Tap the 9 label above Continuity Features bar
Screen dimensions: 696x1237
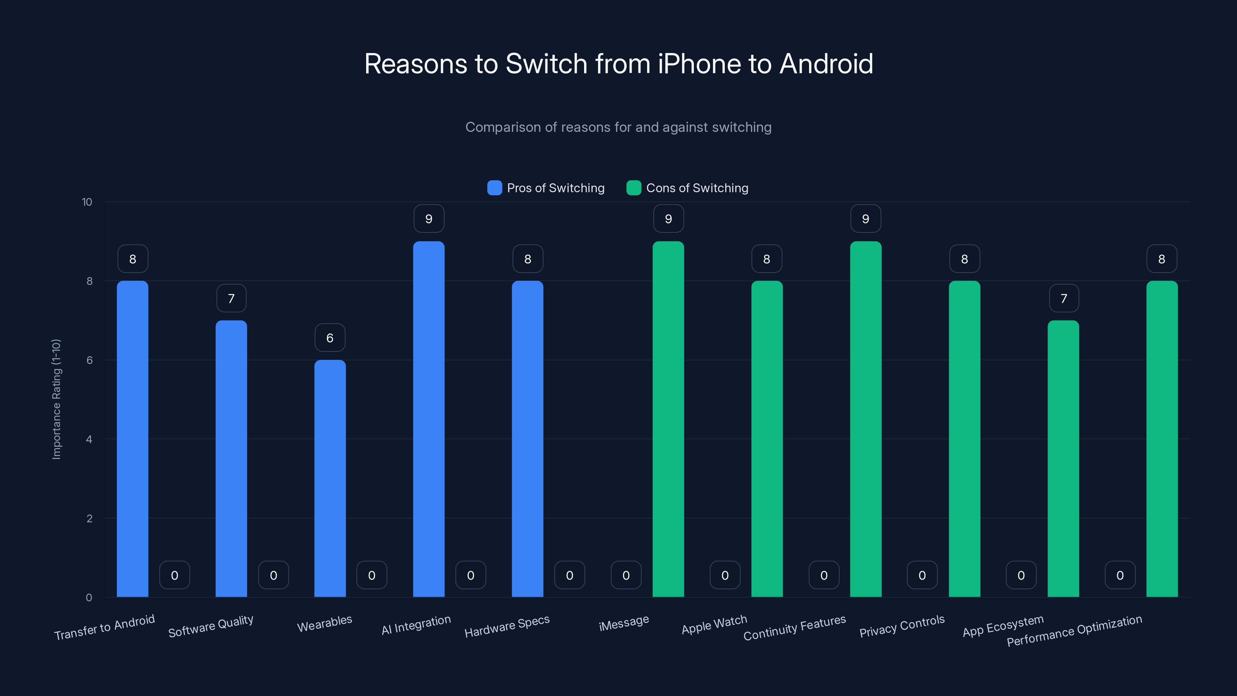(866, 218)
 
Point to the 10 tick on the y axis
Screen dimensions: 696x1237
(87, 202)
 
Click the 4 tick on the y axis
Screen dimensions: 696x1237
(89, 439)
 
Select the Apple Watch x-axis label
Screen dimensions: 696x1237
(714, 624)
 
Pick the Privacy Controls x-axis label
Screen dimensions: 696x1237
(902, 626)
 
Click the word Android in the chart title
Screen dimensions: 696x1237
(826, 63)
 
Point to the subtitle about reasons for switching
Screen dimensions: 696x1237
(618, 127)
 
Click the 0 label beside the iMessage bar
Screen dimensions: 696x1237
(626, 575)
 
